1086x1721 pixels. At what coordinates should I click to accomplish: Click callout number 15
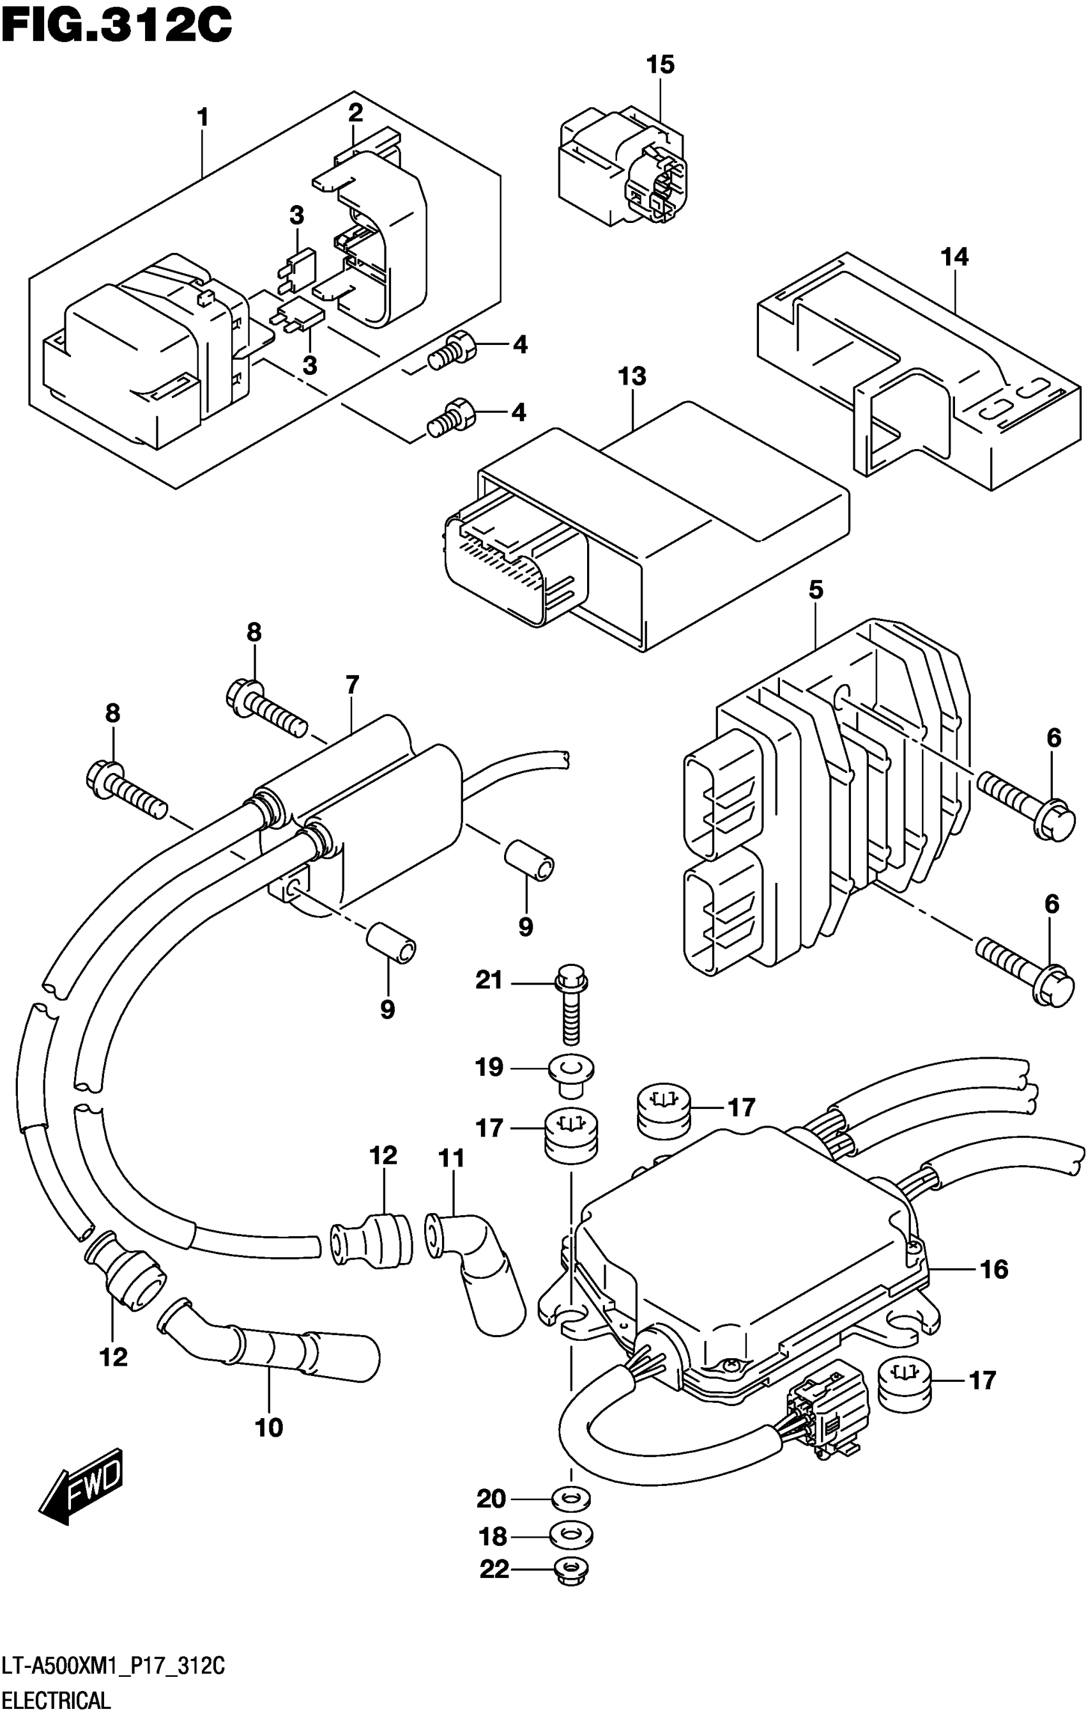click(660, 65)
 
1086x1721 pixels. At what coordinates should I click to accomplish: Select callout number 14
click(954, 257)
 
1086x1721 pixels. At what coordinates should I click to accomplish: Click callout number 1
click(203, 117)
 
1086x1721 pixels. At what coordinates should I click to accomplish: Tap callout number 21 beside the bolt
click(489, 980)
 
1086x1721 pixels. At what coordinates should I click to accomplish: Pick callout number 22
click(494, 1570)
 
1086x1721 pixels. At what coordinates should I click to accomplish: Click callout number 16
click(994, 1270)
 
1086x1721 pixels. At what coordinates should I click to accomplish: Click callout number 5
click(816, 590)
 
